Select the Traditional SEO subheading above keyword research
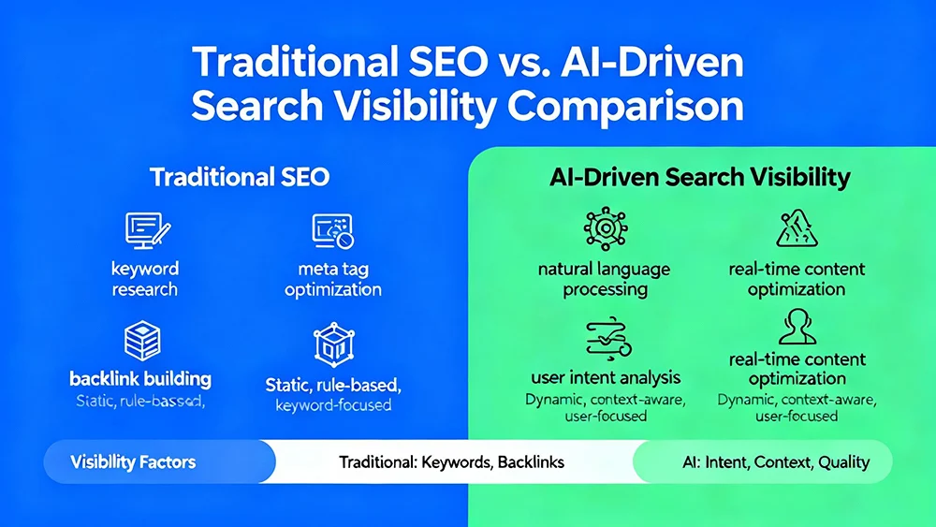240,176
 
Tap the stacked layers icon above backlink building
141,341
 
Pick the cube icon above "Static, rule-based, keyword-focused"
332,344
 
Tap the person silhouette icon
797,328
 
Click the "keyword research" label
144,279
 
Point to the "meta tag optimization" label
332,279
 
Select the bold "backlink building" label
140,379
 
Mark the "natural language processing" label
605,279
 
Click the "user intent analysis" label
606,378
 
